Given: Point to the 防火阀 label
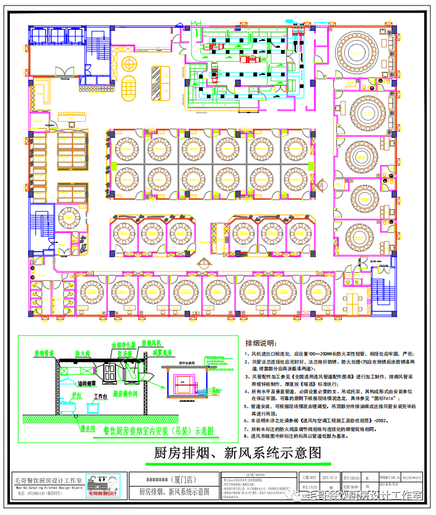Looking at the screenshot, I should pyautogui.click(x=84, y=354).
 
